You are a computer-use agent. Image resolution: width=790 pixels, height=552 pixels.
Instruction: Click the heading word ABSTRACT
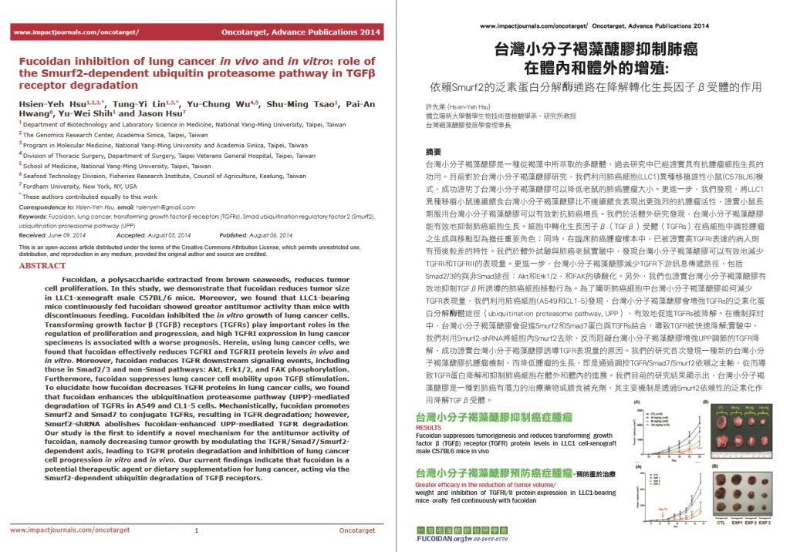44,265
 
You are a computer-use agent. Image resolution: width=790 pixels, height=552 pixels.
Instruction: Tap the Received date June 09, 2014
76,234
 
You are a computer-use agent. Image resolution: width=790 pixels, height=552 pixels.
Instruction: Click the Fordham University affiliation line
79,187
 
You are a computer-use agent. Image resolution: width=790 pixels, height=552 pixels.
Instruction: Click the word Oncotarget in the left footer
356,530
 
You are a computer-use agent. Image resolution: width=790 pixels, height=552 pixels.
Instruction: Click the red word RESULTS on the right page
429,426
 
